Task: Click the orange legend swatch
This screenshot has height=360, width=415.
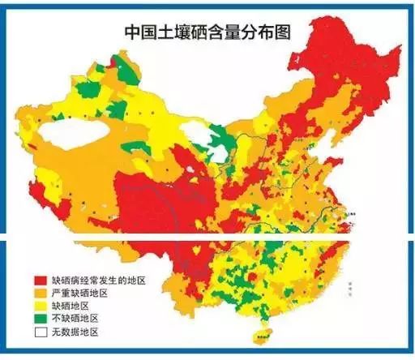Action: pos(37,291)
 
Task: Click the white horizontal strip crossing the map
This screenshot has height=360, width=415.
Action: pos(207,238)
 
